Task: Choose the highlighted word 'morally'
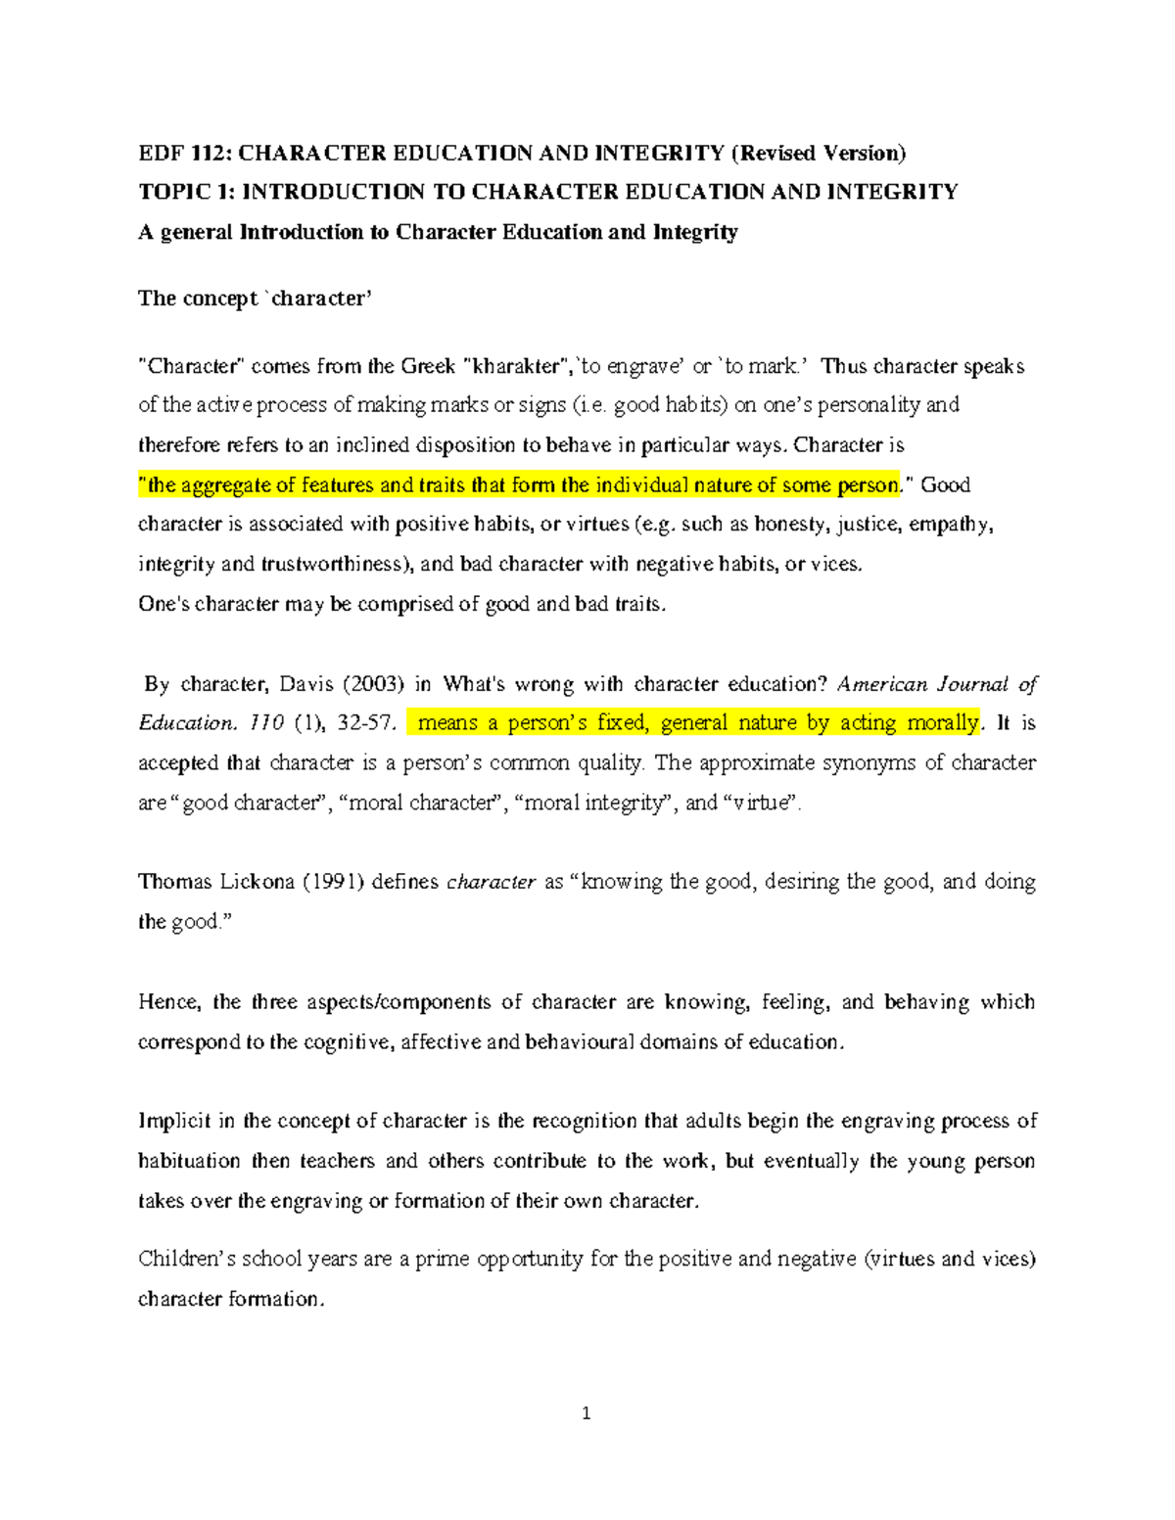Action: pos(942,723)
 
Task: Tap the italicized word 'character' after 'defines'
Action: pos(491,882)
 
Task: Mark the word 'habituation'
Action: pos(189,1162)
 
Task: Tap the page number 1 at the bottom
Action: pos(587,1413)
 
